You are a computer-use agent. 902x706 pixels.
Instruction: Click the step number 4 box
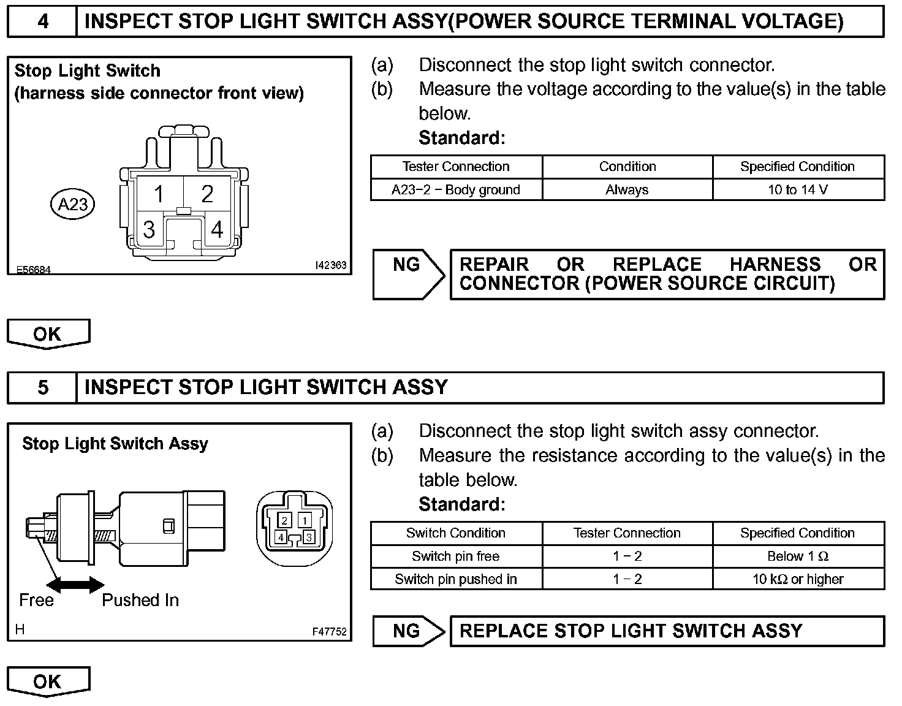[x=42, y=21]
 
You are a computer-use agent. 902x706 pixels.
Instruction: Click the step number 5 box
[x=42, y=387]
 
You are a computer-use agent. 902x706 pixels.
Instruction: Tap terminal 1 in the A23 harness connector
[x=159, y=194]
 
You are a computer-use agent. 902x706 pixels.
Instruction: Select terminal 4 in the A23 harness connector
[x=217, y=230]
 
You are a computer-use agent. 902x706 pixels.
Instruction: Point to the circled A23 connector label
[x=73, y=203]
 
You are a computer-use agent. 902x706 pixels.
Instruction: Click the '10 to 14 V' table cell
[x=798, y=189]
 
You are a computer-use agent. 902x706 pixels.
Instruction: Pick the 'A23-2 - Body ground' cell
[x=456, y=189]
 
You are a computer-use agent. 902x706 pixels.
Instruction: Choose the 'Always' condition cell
[x=627, y=189]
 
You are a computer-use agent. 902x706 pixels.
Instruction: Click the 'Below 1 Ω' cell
[x=798, y=556]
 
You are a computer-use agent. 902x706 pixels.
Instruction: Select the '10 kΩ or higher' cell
[x=798, y=579]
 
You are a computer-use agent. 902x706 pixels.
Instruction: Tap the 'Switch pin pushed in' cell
[x=456, y=579]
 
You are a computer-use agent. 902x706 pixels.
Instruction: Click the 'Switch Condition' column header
[x=456, y=533]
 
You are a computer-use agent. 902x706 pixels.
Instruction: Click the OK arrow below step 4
[x=48, y=334]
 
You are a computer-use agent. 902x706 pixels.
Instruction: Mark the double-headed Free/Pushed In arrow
[x=75, y=585]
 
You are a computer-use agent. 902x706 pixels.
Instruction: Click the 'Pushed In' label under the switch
[x=140, y=600]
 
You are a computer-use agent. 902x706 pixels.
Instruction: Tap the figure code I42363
[x=330, y=265]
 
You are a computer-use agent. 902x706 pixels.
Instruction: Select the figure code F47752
[x=330, y=632]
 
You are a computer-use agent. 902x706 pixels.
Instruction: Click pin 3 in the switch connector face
[x=309, y=537]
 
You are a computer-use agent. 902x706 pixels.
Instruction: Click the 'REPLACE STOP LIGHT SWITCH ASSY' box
[x=667, y=631]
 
